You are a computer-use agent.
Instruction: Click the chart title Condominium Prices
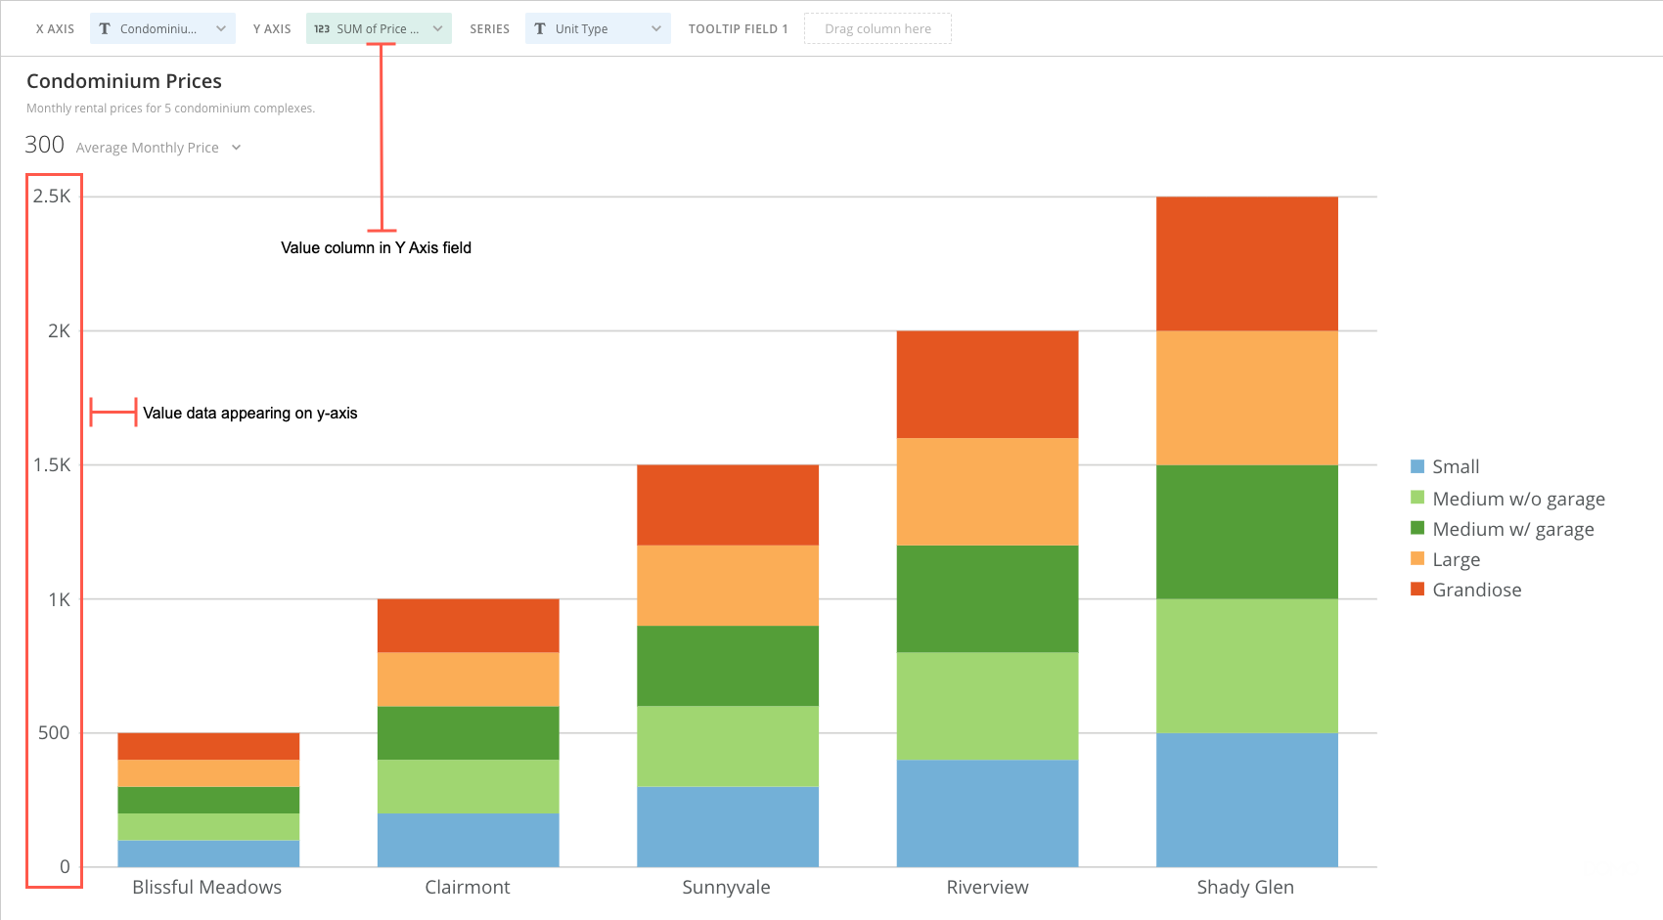[124, 81]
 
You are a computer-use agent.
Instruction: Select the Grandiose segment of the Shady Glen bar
[1246, 264]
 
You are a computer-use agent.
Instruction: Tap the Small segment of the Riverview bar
[987, 813]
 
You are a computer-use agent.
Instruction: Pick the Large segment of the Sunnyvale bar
[727, 585]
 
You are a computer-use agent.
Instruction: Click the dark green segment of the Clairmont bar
[468, 732]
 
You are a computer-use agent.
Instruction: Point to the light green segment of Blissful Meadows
[208, 826]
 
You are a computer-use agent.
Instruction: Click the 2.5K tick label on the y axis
[53, 197]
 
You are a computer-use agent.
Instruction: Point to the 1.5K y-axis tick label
[53, 465]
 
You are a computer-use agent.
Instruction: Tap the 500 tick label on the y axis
[55, 733]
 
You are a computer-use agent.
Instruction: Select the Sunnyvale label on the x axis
[726, 887]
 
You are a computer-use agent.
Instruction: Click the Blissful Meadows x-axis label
[207, 887]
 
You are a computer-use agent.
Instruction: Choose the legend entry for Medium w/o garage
[1518, 499]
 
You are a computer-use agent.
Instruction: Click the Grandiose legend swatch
[1417, 589]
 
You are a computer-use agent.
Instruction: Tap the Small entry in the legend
[1456, 466]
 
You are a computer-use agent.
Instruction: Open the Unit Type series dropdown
[598, 29]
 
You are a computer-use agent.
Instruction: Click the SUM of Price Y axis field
[379, 29]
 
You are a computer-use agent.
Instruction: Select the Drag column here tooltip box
[877, 29]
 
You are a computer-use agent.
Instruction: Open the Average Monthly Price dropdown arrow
[236, 148]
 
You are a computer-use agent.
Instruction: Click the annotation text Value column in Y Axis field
[376, 248]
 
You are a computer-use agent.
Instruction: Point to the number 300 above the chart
[45, 146]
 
